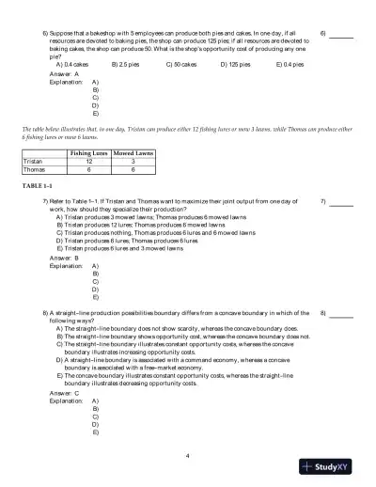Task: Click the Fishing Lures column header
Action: click(x=88, y=151)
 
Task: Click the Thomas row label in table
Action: click(x=35, y=170)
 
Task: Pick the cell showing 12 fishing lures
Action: click(x=88, y=161)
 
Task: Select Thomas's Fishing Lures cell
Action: click(x=88, y=170)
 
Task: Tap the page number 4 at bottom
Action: click(x=188, y=456)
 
